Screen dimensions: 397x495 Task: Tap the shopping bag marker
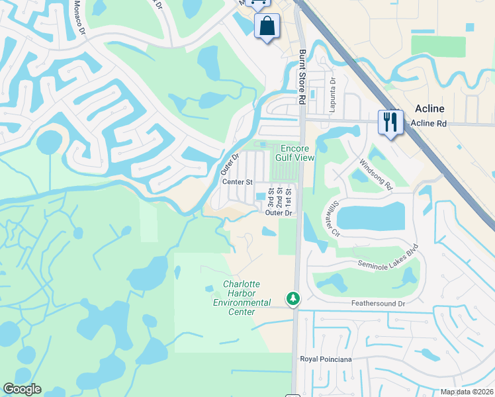(x=267, y=27)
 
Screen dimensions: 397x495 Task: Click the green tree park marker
(x=292, y=298)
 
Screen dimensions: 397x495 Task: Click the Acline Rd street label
(x=429, y=124)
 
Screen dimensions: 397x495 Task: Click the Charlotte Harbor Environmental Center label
(x=242, y=298)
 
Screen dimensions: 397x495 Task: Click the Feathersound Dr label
(x=377, y=303)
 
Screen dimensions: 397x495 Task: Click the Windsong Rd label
(x=376, y=174)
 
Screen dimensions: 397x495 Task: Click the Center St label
(x=238, y=181)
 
